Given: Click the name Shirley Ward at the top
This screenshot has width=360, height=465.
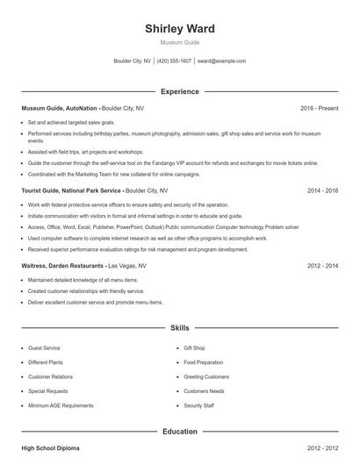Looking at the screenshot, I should (180, 29).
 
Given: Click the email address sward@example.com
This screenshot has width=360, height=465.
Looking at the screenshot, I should (221, 61).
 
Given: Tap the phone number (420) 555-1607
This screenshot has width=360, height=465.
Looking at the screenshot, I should (174, 61).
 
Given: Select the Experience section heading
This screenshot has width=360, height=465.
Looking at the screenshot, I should (180, 91).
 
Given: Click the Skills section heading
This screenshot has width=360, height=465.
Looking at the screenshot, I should (180, 327).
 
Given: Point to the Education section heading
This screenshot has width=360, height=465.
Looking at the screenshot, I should (180, 432).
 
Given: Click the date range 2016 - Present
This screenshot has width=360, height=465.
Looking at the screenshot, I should (319, 108).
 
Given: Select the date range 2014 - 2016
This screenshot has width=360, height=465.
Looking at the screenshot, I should (322, 190).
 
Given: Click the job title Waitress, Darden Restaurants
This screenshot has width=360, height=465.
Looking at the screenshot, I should (62, 264).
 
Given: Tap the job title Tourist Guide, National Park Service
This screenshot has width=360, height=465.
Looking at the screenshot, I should (73, 190).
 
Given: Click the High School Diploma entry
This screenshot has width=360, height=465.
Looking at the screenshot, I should (50, 448).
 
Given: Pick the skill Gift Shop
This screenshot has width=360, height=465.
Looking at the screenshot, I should (195, 348).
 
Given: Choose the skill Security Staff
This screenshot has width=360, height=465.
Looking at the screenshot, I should (198, 406).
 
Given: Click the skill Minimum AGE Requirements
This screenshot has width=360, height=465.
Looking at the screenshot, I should (61, 406).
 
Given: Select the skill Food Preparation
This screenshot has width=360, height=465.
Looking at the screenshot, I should (203, 362).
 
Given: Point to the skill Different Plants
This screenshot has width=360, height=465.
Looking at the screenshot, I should (47, 362).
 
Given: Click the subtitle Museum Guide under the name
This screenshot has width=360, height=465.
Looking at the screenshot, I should (180, 42).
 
